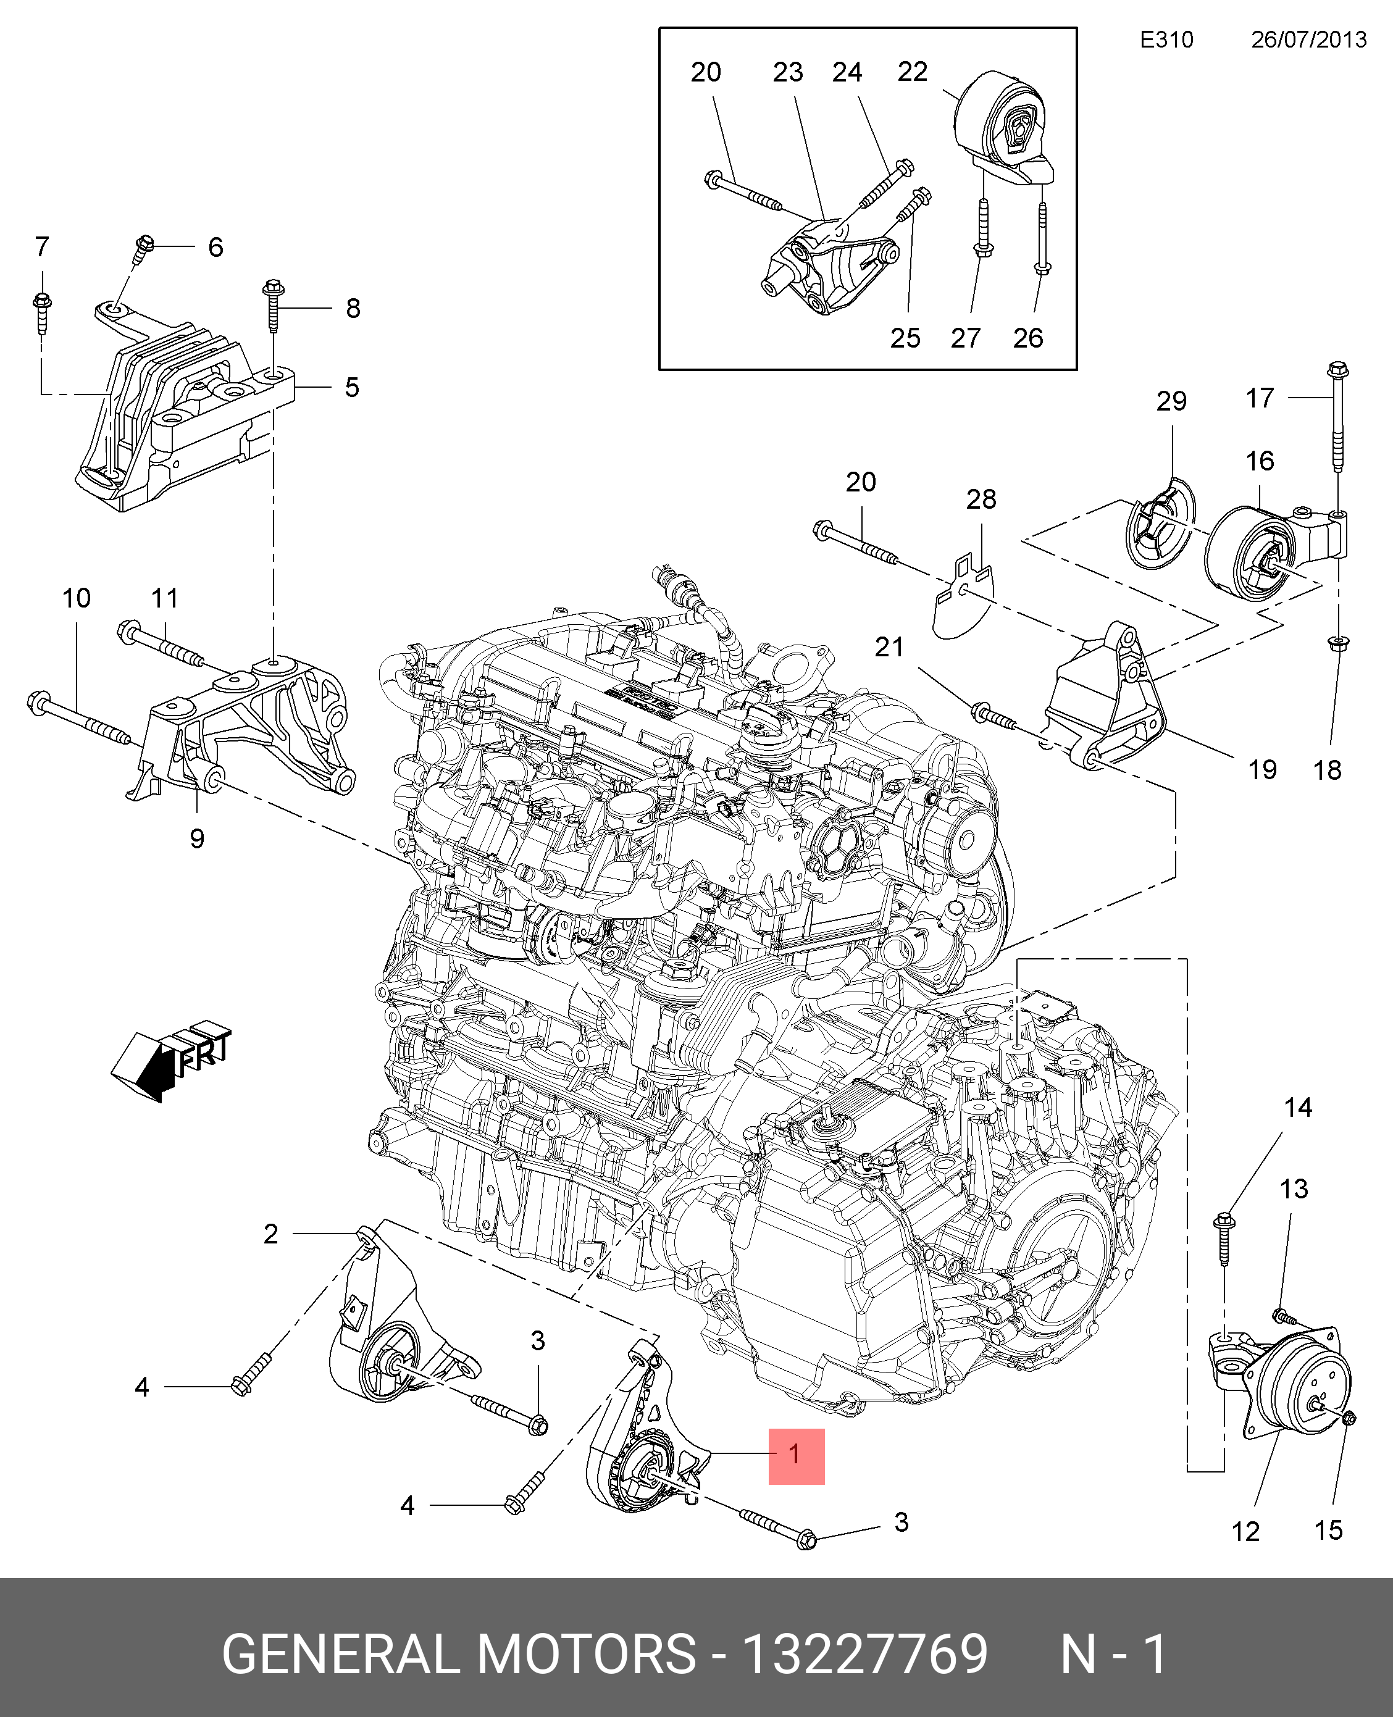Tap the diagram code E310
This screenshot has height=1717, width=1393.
coord(1167,40)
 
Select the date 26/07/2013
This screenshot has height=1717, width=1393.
coord(1309,40)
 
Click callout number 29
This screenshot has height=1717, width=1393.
coord(1171,401)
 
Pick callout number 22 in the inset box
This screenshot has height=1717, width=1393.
coord(913,72)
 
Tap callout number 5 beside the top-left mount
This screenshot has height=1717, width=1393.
coord(351,388)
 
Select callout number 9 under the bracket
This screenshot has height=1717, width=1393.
coord(196,839)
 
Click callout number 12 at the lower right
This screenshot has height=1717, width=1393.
coord(1245,1532)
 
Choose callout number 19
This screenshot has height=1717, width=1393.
coord(1262,769)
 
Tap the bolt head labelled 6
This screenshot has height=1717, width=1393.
coord(145,244)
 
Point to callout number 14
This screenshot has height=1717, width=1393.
coord(1297,1108)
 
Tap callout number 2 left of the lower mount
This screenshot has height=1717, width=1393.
coord(270,1234)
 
